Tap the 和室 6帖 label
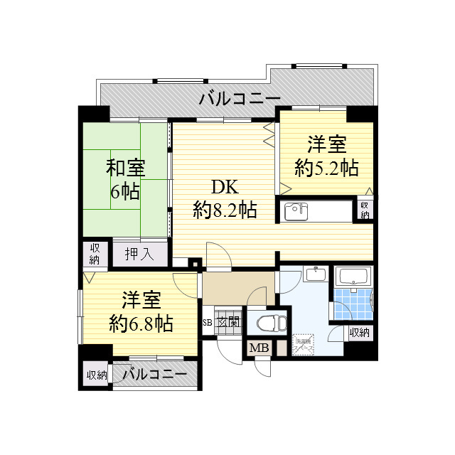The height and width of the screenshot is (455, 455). [125, 179]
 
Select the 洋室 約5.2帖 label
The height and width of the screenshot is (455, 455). [326, 156]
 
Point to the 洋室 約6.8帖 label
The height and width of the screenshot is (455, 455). [140, 311]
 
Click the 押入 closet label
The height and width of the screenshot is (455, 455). [139, 254]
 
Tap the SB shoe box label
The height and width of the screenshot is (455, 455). [207, 323]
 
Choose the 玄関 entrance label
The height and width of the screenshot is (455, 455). [227, 323]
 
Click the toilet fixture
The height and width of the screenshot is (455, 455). [269, 321]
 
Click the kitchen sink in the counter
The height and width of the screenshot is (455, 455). [295, 212]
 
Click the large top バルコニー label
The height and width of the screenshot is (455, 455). [240, 98]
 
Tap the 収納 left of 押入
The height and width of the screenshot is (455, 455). [95, 254]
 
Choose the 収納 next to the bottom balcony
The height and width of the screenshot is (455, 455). [97, 375]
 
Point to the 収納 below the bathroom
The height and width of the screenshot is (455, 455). [359, 332]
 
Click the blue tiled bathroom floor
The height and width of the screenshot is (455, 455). [353, 302]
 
